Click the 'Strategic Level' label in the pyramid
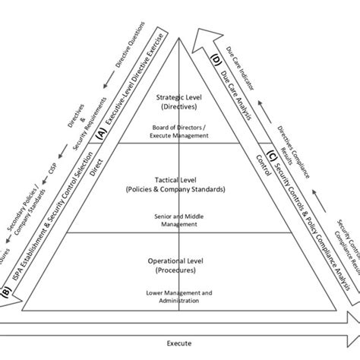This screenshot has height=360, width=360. click(x=179, y=98)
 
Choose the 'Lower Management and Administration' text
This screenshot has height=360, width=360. click(x=179, y=296)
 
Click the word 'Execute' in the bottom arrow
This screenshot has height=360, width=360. click(x=179, y=343)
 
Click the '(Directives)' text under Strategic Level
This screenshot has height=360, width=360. click(x=179, y=108)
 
